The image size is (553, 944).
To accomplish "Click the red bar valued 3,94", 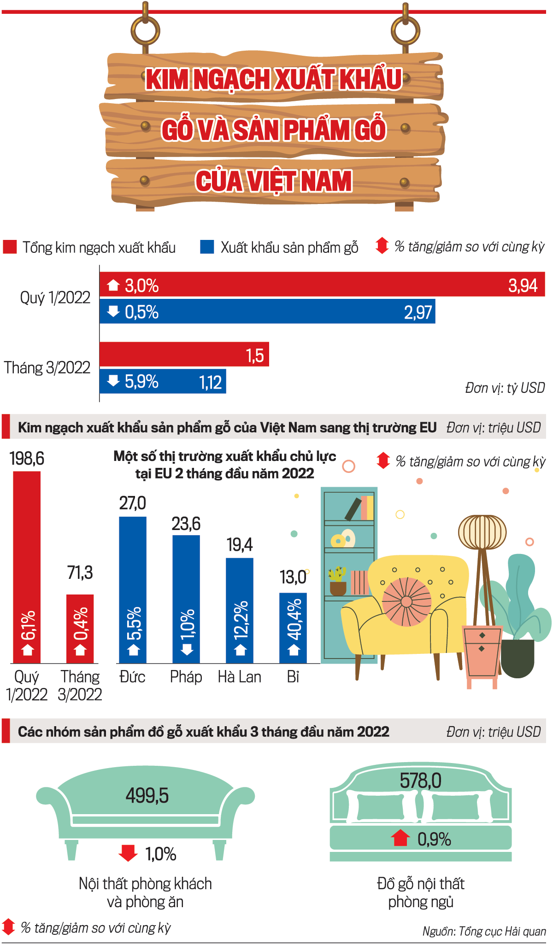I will [x=323, y=285].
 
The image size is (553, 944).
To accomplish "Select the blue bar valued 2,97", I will [x=267, y=312].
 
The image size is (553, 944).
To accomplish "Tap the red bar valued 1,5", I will [x=184, y=354].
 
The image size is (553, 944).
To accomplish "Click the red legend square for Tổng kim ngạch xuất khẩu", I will [x=10, y=247].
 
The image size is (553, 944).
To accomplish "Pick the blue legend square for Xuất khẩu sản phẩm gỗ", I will [x=207, y=247].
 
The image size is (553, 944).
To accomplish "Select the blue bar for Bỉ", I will [x=293, y=626].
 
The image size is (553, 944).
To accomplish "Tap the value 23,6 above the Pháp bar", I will [x=186, y=524].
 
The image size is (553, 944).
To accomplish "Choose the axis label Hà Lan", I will [x=240, y=677].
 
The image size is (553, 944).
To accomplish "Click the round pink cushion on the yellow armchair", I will [x=406, y=601].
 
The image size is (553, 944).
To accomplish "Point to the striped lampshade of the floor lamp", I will [x=482, y=532].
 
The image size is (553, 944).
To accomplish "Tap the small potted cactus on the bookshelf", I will [x=338, y=581].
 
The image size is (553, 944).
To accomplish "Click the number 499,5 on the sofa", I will [x=147, y=795].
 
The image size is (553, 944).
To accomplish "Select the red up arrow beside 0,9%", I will [x=400, y=838].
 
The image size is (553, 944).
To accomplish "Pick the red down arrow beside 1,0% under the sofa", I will [x=128, y=853].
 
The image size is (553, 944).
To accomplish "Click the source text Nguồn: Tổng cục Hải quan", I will [x=484, y=931].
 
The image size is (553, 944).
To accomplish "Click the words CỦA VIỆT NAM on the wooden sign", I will [x=274, y=181].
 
